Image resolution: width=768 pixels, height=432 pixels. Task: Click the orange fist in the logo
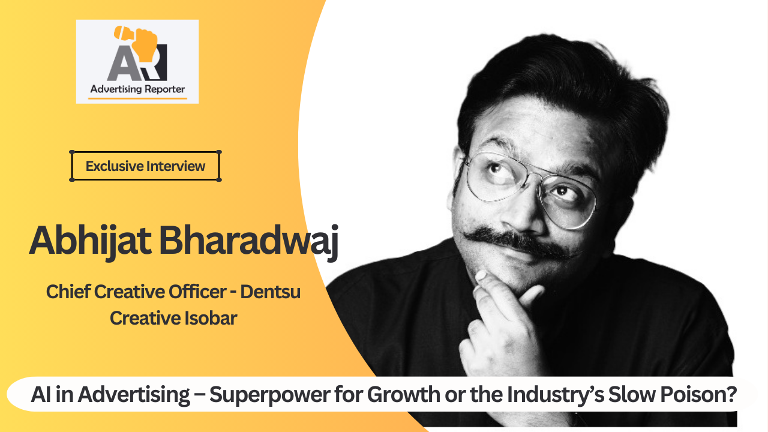pyautogui.click(x=146, y=44)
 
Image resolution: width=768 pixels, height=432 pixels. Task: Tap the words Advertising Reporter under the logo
pyautogui.click(x=137, y=89)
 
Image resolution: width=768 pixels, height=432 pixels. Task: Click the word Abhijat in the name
pyautogui.click(x=90, y=241)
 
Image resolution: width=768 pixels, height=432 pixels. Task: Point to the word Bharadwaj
pyautogui.click(x=249, y=241)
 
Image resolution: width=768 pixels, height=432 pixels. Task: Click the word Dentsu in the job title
pyautogui.click(x=270, y=292)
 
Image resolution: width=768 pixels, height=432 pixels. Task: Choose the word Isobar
pyautogui.click(x=211, y=318)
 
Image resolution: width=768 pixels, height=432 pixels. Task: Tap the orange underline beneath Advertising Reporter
pyautogui.click(x=137, y=98)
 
